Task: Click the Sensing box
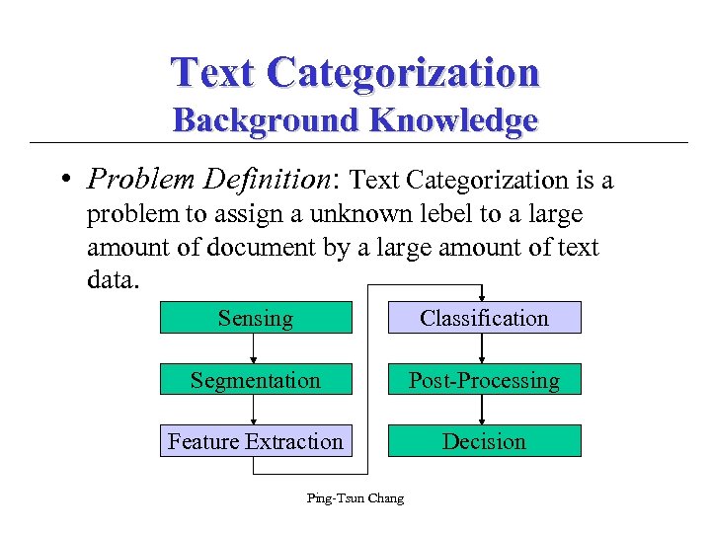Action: click(256, 318)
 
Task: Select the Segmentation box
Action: click(256, 380)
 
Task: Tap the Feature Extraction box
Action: click(256, 441)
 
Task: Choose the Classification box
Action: click(484, 318)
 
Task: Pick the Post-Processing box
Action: click(484, 380)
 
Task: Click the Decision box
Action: click(484, 441)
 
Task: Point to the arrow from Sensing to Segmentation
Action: click(255, 348)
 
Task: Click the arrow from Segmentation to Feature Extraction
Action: click(255, 411)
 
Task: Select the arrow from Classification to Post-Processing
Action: click(483, 348)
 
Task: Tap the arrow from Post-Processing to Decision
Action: click(483, 411)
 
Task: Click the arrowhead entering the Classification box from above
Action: click(483, 295)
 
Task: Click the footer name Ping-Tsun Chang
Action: click(355, 498)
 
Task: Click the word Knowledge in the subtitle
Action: click(453, 120)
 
